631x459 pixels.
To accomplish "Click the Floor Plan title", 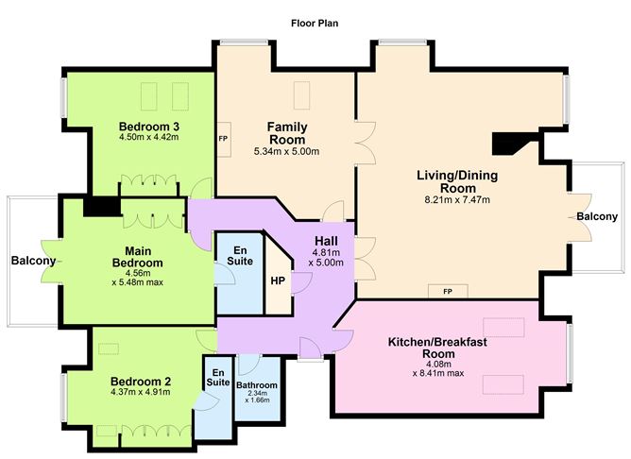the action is click(x=315, y=24).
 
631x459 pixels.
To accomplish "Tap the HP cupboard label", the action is click(x=278, y=280).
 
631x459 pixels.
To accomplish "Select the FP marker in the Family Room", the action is click(x=223, y=139).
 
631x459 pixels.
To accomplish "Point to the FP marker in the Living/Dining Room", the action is click(x=448, y=291).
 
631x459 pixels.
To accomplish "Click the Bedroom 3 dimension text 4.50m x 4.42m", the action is click(x=149, y=137).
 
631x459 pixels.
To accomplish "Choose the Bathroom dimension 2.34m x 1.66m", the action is click(x=257, y=397).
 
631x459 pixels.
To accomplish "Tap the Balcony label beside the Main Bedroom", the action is click(x=33, y=261).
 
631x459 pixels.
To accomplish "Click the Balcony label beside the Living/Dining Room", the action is click(x=597, y=216).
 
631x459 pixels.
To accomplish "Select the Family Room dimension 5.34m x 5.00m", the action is click(x=286, y=152).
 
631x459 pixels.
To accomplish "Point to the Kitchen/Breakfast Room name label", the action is click(x=437, y=348).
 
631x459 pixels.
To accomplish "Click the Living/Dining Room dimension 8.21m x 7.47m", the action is click(x=457, y=199).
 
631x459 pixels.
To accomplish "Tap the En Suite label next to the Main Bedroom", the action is click(x=240, y=256).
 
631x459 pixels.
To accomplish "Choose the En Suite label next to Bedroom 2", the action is click(x=218, y=378).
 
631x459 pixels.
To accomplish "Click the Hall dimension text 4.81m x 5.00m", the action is click(x=326, y=258).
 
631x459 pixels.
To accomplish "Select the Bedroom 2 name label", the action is click(x=141, y=382).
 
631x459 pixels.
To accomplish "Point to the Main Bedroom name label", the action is click(x=138, y=257).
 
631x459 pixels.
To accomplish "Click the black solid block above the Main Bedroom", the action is click(x=102, y=207).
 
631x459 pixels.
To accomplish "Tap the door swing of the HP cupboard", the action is click(x=301, y=282).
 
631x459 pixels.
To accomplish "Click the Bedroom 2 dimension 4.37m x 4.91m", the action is click(x=140, y=392).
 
